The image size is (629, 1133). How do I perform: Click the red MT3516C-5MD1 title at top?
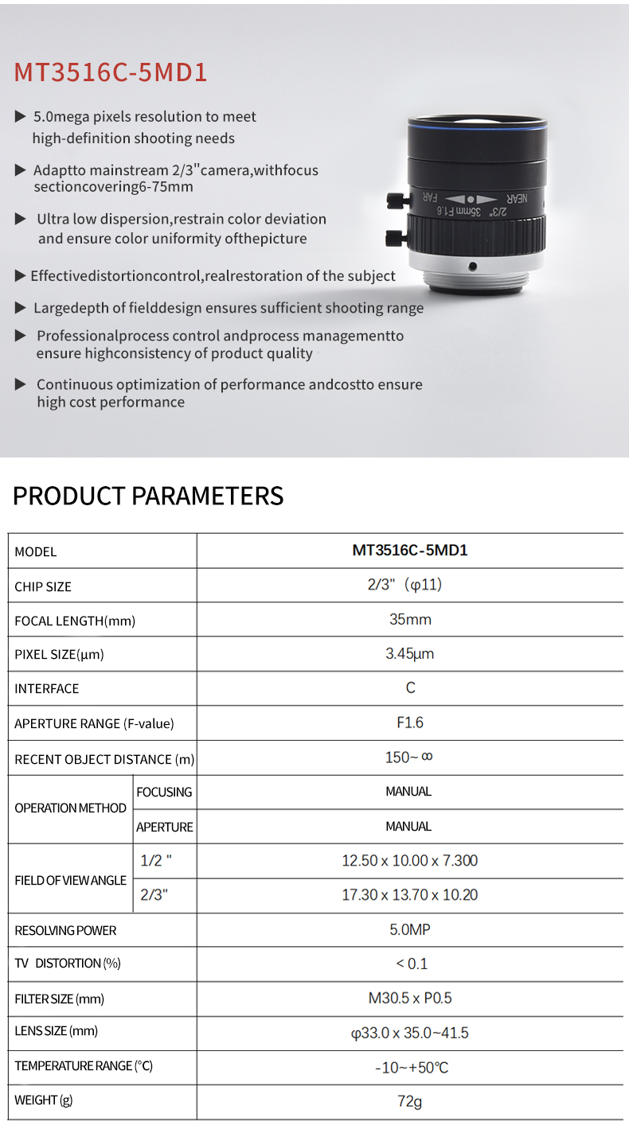(111, 72)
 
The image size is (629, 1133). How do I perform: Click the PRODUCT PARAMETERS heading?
(148, 496)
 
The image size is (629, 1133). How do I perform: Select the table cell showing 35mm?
(410, 619)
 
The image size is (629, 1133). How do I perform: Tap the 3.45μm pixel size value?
(410, 654)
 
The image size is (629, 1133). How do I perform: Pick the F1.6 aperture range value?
(410, 722)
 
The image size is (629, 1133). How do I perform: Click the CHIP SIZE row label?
(43, 586)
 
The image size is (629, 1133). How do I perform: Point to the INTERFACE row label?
(47, 688)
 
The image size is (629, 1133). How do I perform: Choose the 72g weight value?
(410, 1101)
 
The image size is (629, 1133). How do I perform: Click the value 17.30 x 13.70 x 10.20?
(410, 895)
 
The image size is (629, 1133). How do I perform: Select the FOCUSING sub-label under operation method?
(164, 792)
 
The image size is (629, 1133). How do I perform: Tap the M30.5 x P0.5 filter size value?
(410, 998)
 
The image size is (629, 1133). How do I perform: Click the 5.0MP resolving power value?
(410, 929)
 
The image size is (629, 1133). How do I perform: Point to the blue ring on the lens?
(478, 127)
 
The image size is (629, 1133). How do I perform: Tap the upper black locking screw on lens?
(394, 199)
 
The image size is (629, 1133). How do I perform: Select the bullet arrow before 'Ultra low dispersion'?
(21, 219)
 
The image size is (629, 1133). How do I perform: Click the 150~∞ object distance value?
(409, 757)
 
